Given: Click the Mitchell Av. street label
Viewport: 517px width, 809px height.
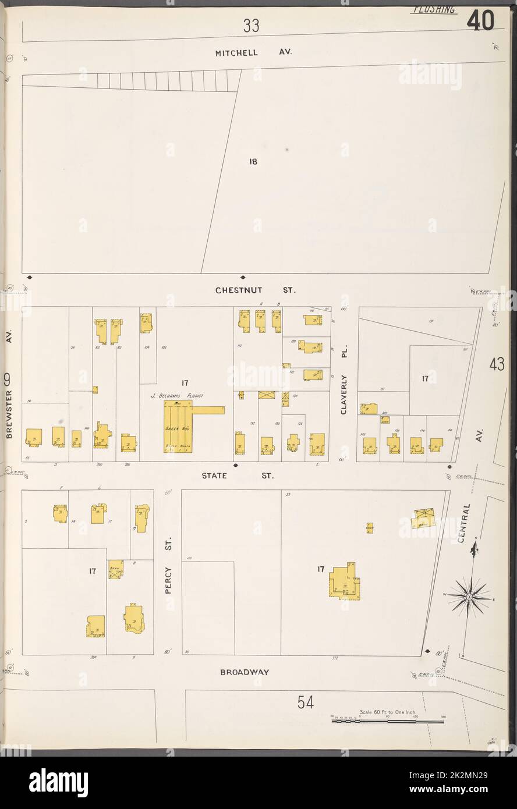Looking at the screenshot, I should (x=253, y=52).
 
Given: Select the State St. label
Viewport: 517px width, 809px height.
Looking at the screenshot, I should (x=238, y=476).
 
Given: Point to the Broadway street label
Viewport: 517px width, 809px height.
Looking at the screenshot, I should (x=245, y=672).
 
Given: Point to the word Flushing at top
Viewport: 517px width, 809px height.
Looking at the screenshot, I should (x=434, y=10).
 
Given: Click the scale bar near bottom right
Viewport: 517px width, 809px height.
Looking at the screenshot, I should (x=387, y=721).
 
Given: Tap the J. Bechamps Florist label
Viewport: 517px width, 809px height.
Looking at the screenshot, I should (x=178, y=395).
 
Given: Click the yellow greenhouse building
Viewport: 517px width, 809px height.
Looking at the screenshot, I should (x=178, y=427).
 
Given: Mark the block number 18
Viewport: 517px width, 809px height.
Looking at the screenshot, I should (x=253, y=161).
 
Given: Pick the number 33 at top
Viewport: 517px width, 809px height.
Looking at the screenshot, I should (x=251, y=26).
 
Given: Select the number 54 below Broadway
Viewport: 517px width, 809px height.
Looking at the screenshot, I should (x=305, y=703).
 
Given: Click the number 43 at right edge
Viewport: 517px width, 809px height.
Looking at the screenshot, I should (x=497, y=365).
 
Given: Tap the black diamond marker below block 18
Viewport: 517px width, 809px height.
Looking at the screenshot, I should (x=243, y=277).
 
